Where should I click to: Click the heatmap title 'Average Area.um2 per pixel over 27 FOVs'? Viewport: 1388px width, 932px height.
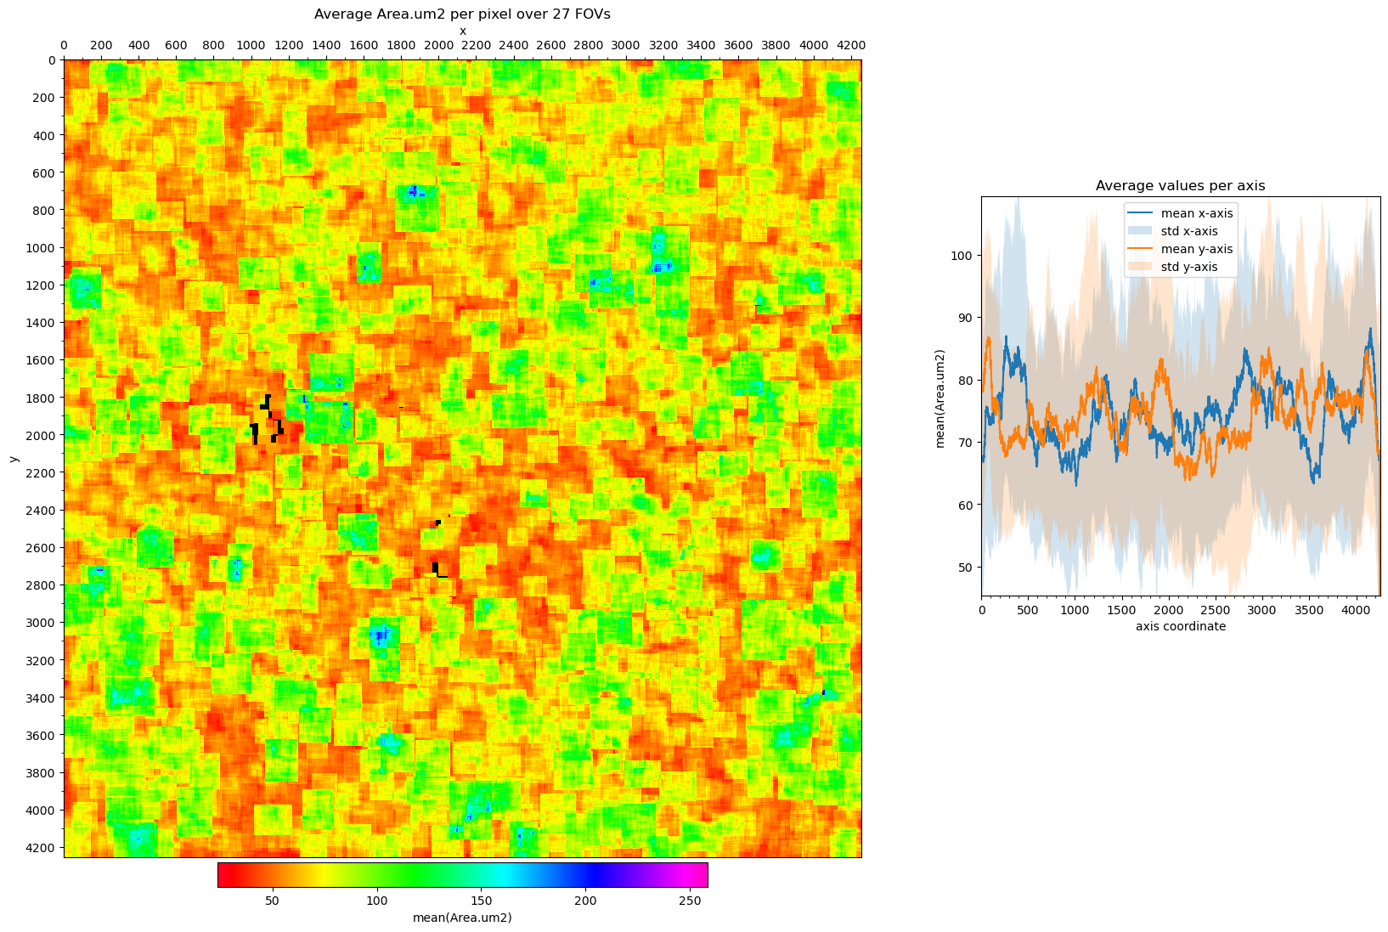pyautogui.click(x=461, y=14)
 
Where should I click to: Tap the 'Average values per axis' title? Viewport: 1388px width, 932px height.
pyautogui.click(x=1180, y=185)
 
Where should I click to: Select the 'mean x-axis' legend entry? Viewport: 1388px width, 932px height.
pyautogui.click(x=1197, y=213)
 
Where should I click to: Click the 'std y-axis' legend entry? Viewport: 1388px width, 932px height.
pyautogui.click(x=1189, y=267)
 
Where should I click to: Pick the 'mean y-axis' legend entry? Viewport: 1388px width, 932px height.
pyautogui.click(x=1197, y=249)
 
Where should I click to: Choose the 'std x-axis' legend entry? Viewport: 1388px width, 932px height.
pyautogui.click(x=1189, y=231)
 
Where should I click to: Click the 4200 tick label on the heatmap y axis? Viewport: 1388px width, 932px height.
pyautogui.click(x=43, y=847)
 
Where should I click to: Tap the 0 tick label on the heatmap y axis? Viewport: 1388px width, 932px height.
pyautogui.click(x=52, y=60)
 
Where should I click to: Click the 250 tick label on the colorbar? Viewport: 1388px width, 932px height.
pyautogui.click(x=690, y=901)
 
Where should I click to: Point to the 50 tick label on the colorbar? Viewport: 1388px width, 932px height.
pyautogui.click(x=272, y=901)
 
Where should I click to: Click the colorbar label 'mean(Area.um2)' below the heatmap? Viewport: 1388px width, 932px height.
pyautogui.click(x=462, y=917)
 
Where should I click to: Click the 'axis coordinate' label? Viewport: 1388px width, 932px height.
pyautogui.click(x=1181, y=626)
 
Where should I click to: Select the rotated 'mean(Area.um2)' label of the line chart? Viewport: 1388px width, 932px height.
pyautogui.click(x=940, y=398)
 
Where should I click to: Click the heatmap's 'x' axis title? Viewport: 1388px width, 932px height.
pyautogui.click(x=462, y=31)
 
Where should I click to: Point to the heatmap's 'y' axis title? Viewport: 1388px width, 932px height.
pyautogui.click(x=14, y=459)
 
